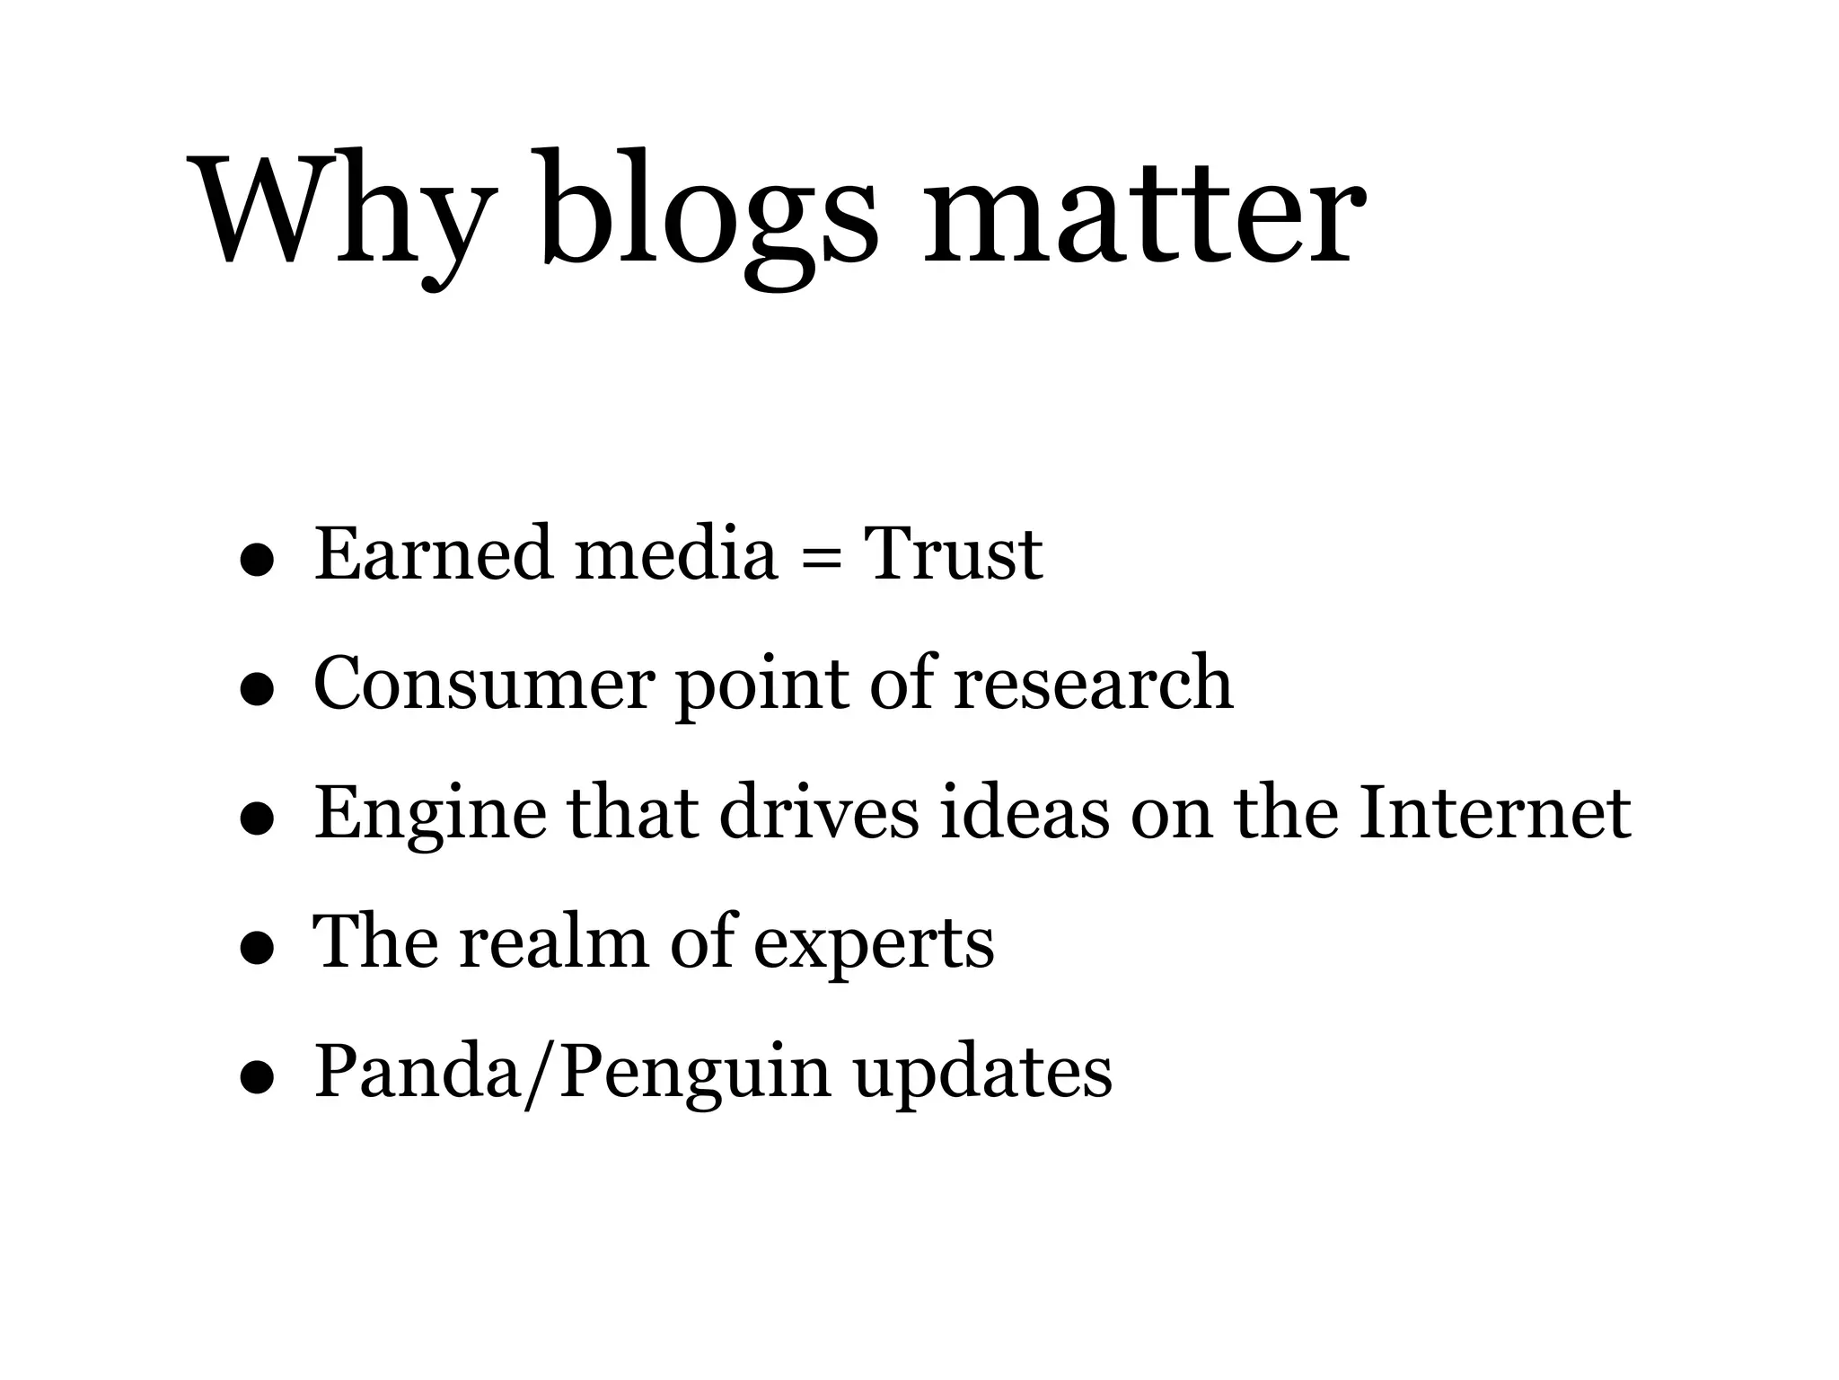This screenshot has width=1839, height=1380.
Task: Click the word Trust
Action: click(x=953, y=553)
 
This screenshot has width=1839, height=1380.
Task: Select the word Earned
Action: click(x=433, y=553)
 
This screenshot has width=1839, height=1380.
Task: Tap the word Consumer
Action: click(x=483, y=685)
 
